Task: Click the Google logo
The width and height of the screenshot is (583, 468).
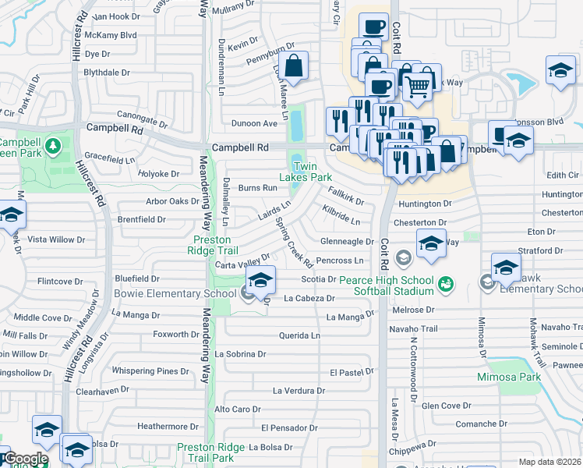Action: coord(25,459)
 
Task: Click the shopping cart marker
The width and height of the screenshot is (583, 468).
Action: coord(418,87)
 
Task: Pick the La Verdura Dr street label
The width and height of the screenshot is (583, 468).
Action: coord(297,390)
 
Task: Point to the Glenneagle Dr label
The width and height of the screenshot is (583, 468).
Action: coord(347,242)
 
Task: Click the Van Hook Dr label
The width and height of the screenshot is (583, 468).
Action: coord(115,16)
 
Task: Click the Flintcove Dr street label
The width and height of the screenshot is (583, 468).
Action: coord(60,281)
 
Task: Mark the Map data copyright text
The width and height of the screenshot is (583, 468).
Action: coord(550,462)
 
